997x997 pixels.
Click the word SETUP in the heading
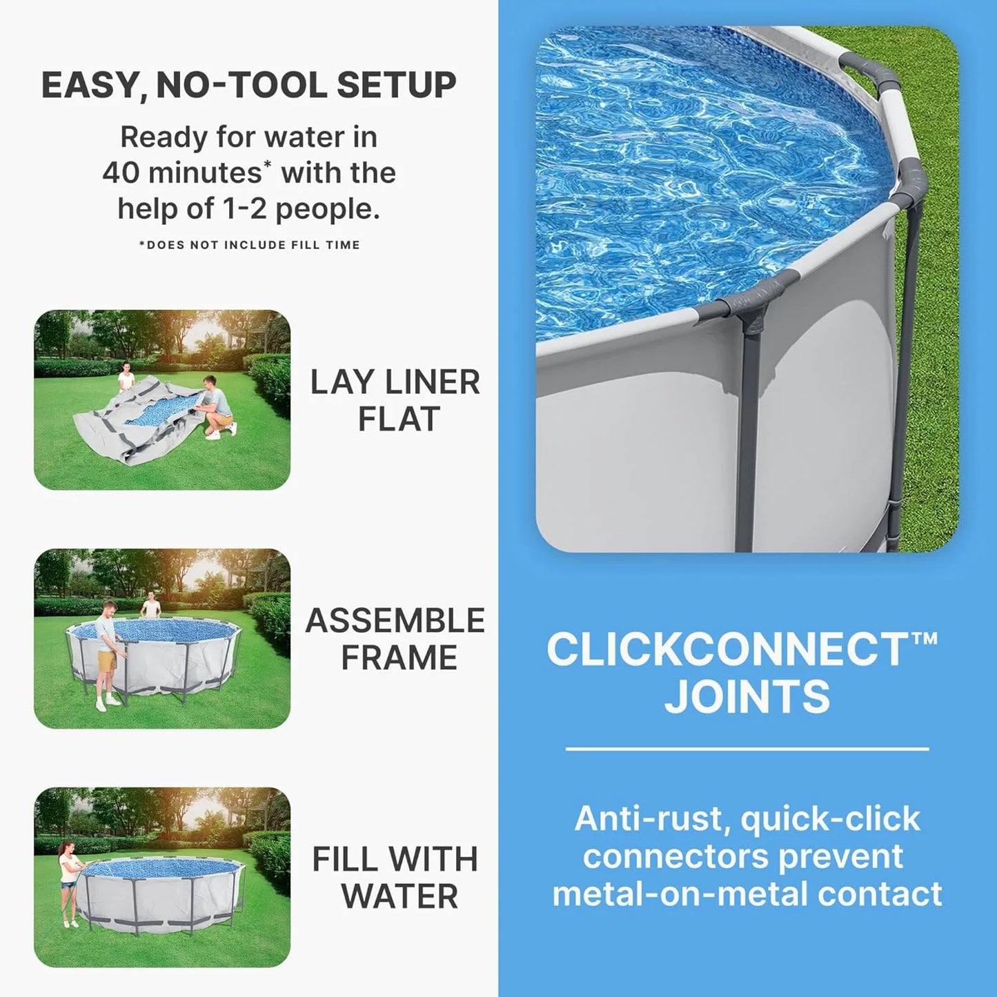[x=397, y=85]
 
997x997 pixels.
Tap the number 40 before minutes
[x=121, y=172]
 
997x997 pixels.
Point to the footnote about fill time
[x=249, y=245]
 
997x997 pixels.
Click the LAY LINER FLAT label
[x=395, y=400]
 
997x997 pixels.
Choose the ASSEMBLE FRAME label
[x=395, y=639]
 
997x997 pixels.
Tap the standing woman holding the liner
[x=126, y=377]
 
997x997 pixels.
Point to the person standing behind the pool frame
[x=150, y=607]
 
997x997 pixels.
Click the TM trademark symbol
[x=925, y=638]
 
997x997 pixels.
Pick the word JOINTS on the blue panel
[x=747, y=696]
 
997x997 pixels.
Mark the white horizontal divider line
[x=747, y=749]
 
